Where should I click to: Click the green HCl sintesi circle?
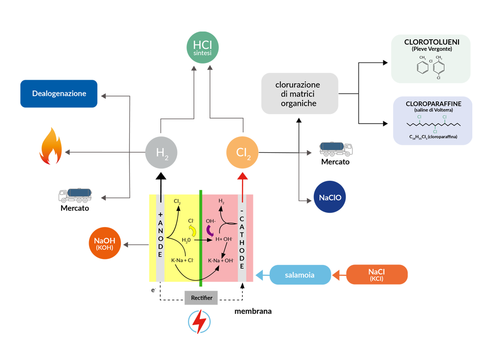[x=203, y=48]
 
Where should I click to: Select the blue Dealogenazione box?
[x=59, y=94]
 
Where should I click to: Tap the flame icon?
[x=51, y=146]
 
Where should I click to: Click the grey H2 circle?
[x=161, y=153]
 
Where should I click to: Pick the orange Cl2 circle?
[x=243, y=153]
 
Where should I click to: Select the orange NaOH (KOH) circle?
[x=105, y=244]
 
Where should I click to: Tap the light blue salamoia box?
[x=299, y=275]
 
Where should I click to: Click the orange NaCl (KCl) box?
[x=377, y=275]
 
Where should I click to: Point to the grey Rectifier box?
[x=201, y=297]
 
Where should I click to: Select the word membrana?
[x=253, y=311]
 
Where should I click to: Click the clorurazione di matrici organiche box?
[x=299, y=94]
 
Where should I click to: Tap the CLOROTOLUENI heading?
[x=431, y=42]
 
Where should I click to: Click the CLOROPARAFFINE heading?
[x=433, y=104]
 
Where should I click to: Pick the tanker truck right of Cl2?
[x=336, y=149]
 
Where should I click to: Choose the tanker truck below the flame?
[x=75, y=196]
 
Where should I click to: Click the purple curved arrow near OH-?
[x=210, y=230]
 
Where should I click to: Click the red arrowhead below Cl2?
[x=243, y=177]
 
